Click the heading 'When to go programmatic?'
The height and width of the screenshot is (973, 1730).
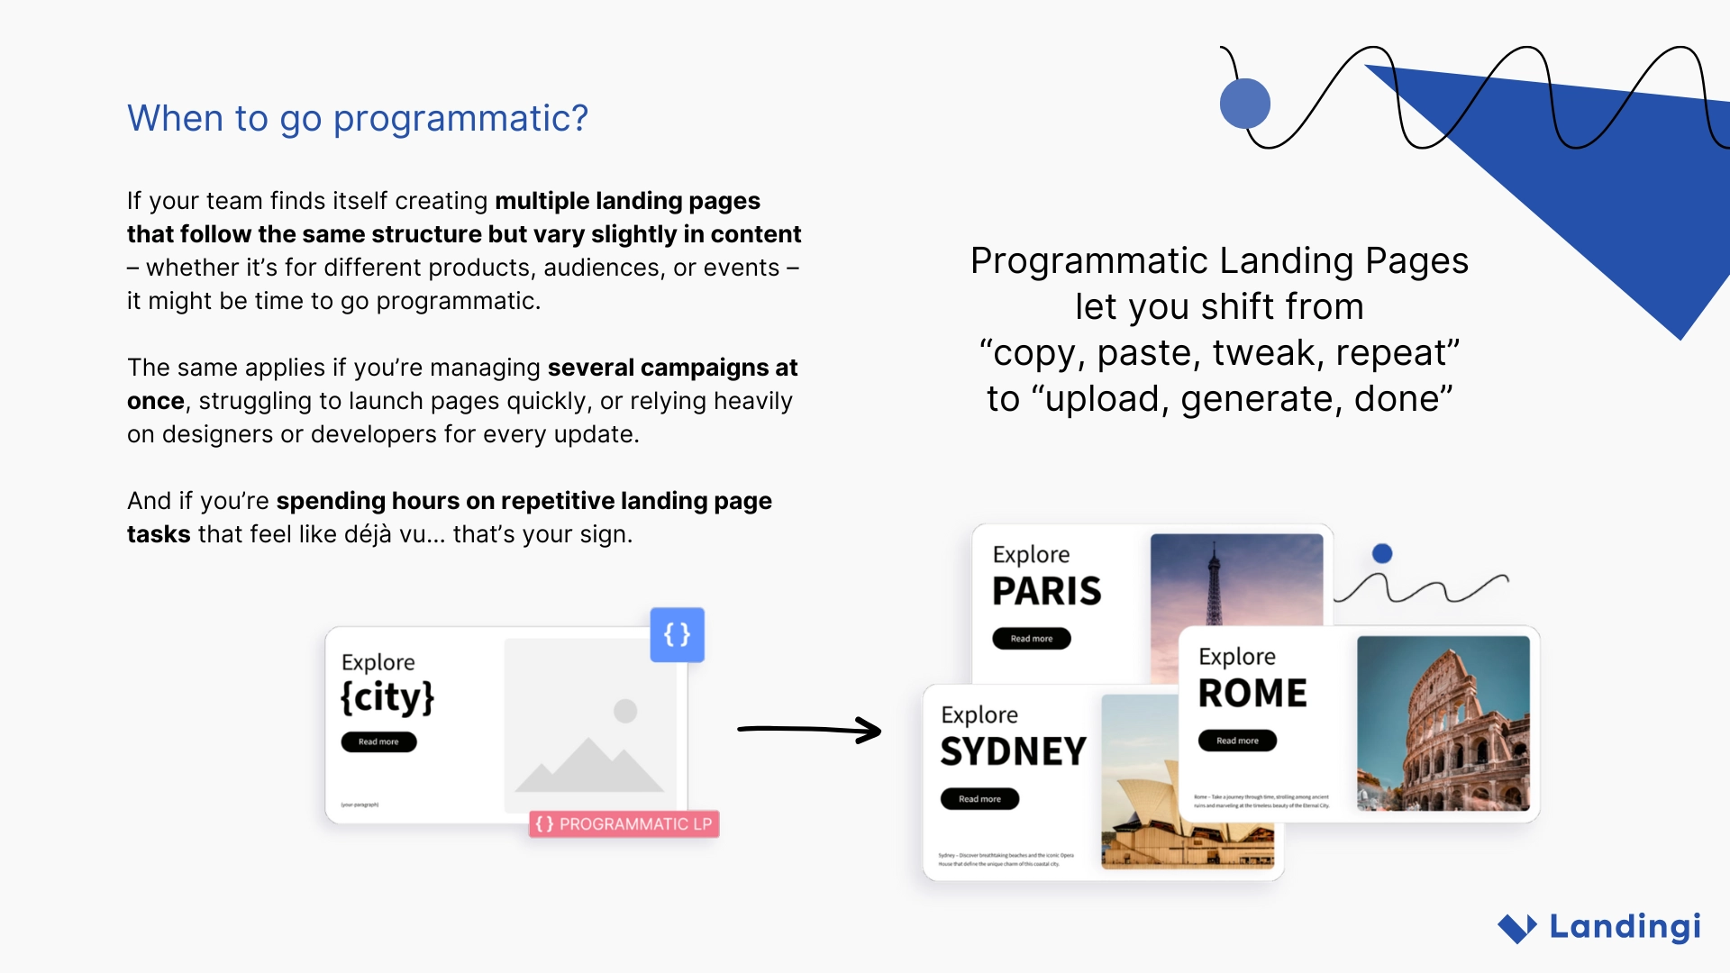pyautogui.click(x=358, y=119)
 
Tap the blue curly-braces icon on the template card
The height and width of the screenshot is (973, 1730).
pyautogui.click(x=677, y=635)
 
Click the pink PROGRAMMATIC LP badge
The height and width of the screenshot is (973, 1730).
pyautogui.click(x=624, y=824)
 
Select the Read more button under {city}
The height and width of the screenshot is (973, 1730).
pyautogui.click(x=378, y=742)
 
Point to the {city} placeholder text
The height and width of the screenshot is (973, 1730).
pyautogui.click(x=387, y=697)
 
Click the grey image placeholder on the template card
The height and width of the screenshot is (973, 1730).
pyautogui.click(x=590, y=721)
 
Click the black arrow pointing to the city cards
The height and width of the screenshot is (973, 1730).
pyautogui.click(x=808, y=730)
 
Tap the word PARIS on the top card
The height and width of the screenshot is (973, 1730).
pyautogui.click(x=1047, y=592)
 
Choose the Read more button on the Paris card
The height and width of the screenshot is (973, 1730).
pyautogui.click(x=1032, y=639)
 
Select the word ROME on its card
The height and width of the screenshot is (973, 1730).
pyautogui.click(x=1252, y=694)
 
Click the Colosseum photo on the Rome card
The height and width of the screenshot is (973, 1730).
pyautogui.click(x=1443, y=723)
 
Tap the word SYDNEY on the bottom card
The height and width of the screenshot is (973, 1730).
pyautogui.click(x=1014, y=752)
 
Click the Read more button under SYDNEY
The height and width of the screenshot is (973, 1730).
pyautogui.click(x=979, y=799)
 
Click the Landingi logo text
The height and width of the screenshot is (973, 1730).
pyautogui.click(x=1625, y=926)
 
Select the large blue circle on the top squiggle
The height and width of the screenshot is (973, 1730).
pyautogui.click(x=1245, y=104)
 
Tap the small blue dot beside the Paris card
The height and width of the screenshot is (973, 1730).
pyautogui.click(x=1382, y=554)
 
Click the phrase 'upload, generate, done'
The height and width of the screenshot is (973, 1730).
pyautogui.click(x=1248, y=399)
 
